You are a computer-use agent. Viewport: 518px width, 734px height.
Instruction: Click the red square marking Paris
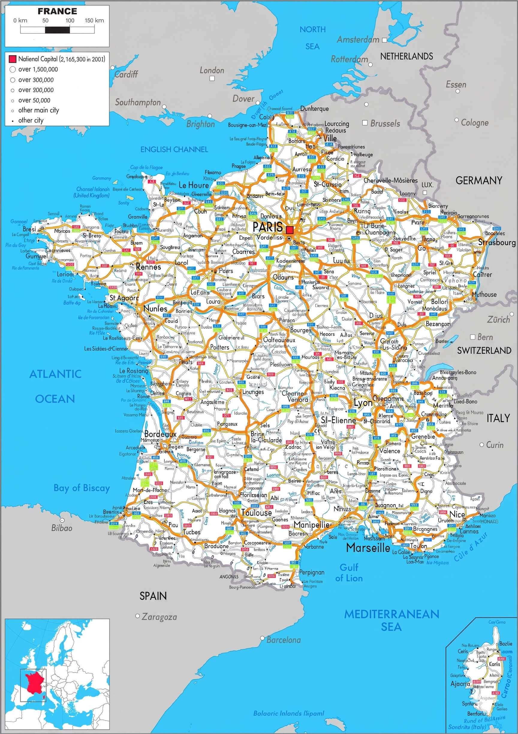[290, 230]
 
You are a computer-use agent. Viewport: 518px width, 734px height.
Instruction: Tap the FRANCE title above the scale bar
[57, 11]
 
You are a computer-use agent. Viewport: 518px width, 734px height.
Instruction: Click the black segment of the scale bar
[58, 30]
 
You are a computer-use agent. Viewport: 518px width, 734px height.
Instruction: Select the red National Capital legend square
[13, 59]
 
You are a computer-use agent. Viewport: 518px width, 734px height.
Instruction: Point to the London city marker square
[212, 78]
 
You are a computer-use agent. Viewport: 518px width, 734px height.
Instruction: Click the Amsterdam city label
[358, 40]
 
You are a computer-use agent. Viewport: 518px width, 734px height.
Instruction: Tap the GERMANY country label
[479, 181]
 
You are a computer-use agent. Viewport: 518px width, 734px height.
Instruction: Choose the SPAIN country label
[153, 596]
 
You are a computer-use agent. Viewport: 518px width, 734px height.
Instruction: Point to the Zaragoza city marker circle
[138, 616]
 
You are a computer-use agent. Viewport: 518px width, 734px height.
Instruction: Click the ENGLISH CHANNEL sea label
[174, 149]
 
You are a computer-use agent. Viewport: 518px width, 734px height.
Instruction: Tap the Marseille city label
[368, 548]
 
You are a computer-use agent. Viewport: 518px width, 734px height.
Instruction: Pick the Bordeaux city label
[160, 434]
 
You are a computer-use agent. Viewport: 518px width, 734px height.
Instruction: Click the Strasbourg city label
[497, 243]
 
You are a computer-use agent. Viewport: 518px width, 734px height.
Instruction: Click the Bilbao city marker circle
[62, 521]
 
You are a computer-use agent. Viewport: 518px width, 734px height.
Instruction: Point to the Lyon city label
[363, 403]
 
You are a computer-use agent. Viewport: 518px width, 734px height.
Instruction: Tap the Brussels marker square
[365, 123]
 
